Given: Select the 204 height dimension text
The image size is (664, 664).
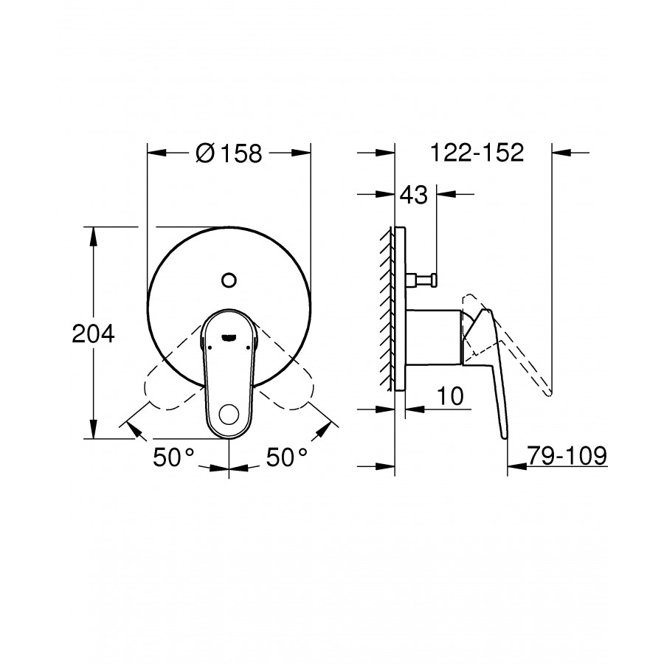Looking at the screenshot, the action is pyautogui.click(x=93, y=333).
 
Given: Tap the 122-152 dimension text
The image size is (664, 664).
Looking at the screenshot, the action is pyautogui.click(x=477, y=153).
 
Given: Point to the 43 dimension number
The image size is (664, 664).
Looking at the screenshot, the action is pyautogui.click(x=414, y=195).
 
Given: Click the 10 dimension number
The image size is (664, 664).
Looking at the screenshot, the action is pyautogui.click(x=450, y=396).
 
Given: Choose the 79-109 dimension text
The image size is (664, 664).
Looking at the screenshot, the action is pyautogui.click(x=567, y=456).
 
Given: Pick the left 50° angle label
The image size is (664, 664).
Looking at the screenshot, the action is pyautogui.click(x=173, y=457).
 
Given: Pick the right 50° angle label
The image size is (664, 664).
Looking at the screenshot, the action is pyautogui.click(x=287, y=457).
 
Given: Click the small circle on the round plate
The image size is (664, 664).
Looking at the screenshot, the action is pyautogui.click(x=229, y=280).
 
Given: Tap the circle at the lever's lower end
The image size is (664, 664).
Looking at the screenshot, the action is pyautogui.click(x=229, y=414).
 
